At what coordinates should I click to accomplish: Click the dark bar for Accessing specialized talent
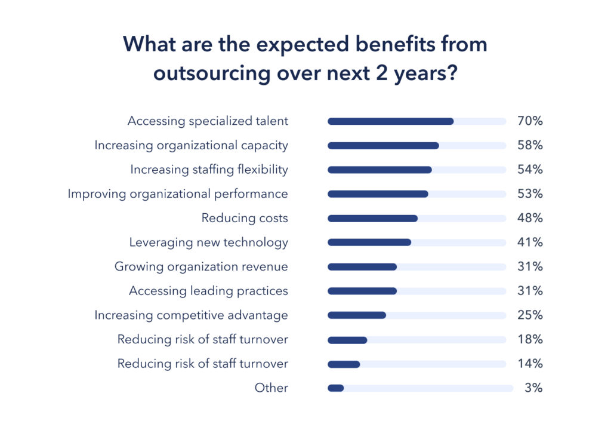(390, 121)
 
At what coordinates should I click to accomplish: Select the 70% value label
(530, 121)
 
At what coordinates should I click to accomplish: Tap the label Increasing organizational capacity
(191, 146)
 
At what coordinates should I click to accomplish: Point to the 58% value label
(530, 146)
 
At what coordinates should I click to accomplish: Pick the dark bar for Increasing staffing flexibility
(379, 170)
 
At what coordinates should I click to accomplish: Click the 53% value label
(530, 194)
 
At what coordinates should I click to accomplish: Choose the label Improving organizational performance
(177, 194)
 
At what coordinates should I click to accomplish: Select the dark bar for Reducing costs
(372, 219)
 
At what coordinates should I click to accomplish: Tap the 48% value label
(530, 219)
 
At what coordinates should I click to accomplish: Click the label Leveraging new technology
(208, 242)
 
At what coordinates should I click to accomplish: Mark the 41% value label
(530, 242)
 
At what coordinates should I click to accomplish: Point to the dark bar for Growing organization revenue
(362, 267)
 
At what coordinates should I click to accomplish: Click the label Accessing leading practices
(208, 291)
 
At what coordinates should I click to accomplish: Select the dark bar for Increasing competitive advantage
(357, 315)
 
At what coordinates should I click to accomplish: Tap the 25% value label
(530, 315)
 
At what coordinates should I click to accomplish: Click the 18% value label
(530, 340)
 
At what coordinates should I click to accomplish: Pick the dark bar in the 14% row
(344, 364)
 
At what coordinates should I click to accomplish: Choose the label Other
(271, 388)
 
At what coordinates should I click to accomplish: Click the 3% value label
(533, 388)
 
